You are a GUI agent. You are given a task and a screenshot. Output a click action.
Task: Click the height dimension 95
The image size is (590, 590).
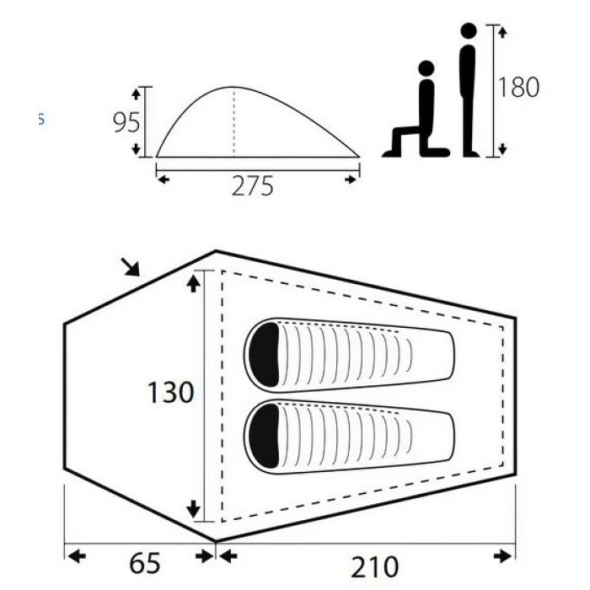coord(126,122)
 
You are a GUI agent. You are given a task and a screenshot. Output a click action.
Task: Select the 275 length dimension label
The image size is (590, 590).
coord(252,186)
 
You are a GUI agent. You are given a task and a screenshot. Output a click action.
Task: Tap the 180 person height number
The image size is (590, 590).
coord(518,87)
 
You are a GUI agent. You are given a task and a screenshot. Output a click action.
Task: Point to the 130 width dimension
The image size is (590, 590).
coord(170,393)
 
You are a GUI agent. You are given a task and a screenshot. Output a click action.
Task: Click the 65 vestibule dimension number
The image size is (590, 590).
coord(145,563)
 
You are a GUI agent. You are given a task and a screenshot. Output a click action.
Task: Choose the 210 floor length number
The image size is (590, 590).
coord(374,566)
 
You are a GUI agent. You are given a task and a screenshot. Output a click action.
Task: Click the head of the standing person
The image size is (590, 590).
coord(469,31)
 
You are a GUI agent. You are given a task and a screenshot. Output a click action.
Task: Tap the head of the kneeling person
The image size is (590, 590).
coord(426,68)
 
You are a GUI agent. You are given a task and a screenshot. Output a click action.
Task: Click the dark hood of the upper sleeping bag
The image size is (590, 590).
coord(264,355)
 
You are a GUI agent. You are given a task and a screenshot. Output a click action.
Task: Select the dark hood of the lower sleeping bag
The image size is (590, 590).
coord(264,436)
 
